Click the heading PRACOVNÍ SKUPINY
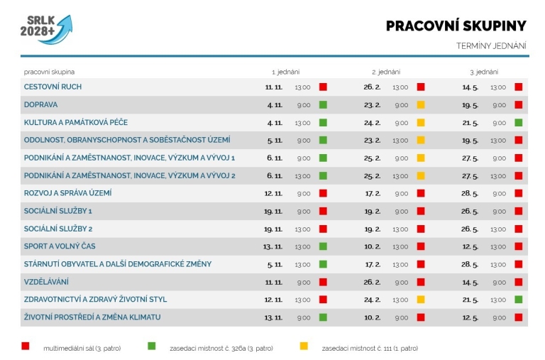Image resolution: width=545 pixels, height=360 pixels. [x=456, y=26]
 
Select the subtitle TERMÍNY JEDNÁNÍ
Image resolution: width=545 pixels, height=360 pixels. [x=491, y=46]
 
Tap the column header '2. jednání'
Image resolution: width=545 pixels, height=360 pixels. [x=386, y=72]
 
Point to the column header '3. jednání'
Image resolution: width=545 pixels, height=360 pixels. [x=484, y=72]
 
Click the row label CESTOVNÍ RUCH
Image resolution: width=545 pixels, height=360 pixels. [x=53, y=87]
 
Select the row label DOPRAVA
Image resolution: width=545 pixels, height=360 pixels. [x=40, y=104]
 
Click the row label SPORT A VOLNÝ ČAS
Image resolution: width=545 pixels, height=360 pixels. [x=60, y=246]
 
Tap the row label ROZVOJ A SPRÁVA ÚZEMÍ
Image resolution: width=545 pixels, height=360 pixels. [x=67, y=193]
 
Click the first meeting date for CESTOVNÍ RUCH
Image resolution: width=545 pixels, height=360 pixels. [x=273, y=87]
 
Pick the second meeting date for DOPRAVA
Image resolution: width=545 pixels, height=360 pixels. [x=373, y=104]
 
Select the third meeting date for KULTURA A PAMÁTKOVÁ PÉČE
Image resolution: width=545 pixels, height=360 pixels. [x=470, y=122]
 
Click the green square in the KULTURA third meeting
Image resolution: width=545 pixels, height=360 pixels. [x=519, y=122]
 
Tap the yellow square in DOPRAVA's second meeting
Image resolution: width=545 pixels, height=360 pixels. [x=421, y=104]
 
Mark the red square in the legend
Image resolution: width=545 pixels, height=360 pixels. [x=25, y=347]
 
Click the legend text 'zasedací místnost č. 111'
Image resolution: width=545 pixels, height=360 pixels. [x=369, y=348]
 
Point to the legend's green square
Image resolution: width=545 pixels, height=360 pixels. [x=151, y=347]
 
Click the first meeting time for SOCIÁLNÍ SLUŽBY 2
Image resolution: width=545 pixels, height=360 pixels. [x=302, y=229]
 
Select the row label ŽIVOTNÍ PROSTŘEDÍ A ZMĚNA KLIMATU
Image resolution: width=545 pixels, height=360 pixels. [x=92, y=317]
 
